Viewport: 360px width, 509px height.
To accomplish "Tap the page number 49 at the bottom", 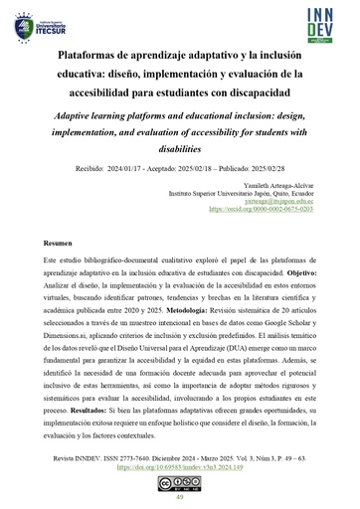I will (x=179, y=497).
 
